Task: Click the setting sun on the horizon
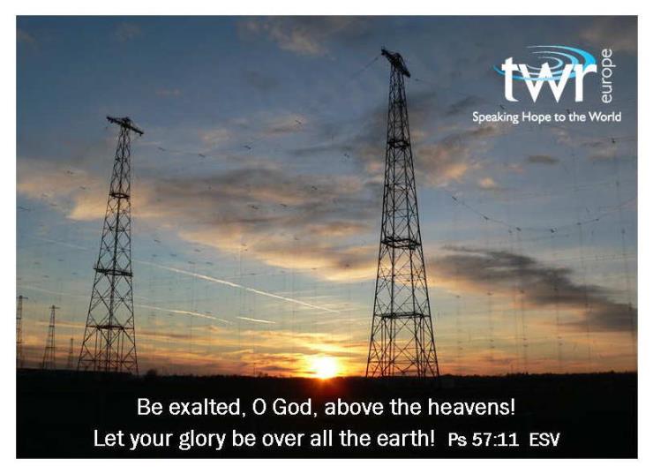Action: pos(325,367)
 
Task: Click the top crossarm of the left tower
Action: pos(124,125)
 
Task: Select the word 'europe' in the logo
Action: pos(606,76)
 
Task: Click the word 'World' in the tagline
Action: pos(604,117)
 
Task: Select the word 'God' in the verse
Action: pos(295,407)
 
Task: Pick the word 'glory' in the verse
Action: pos(202,440)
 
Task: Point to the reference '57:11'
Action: pos(496,440)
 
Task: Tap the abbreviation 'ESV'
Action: pos(544,440)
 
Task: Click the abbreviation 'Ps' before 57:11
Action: pos(457,440)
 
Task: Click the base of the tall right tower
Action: pos(402,373)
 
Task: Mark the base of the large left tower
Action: pos(109,369)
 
